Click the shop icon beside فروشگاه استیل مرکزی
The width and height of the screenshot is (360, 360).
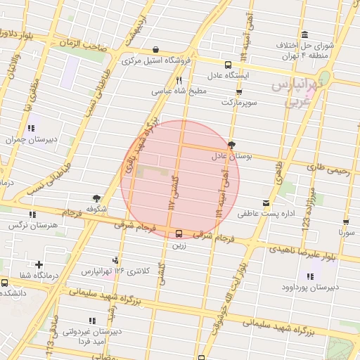pos(155,49)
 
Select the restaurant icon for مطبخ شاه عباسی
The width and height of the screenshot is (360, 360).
pos(179,80)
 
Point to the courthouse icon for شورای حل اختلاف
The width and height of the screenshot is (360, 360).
pos(304,35)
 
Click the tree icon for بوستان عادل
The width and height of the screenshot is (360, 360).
pos(231,144)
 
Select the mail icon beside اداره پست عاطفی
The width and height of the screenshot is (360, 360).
pos(266,203)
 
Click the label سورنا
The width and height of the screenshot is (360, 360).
pos(347,231)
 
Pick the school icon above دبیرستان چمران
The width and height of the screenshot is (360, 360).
pos(30,128)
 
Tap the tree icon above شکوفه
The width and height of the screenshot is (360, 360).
pos(96,199)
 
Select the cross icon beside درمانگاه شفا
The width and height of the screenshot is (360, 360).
pos(39,264)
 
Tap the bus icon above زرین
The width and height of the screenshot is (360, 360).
pos(178,233)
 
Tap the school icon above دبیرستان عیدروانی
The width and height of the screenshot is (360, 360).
pos(94,321)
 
